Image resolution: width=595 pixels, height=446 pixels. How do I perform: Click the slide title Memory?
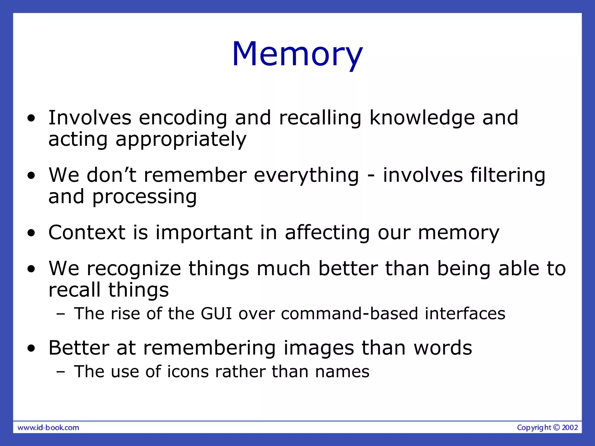[297, 54]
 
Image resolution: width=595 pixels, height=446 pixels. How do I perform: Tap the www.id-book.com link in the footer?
[48, 427]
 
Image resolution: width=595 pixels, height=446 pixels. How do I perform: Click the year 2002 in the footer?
[570, 427]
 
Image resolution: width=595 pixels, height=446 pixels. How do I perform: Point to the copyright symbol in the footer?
[556, 427]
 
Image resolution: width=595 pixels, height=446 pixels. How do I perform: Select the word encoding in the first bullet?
[183, 118]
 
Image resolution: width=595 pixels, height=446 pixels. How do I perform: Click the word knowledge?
[422, 118]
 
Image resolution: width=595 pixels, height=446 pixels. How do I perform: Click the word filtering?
[508, 176]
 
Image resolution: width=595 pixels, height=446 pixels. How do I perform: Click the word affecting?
[327, 233]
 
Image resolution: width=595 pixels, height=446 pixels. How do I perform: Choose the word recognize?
[134, 269]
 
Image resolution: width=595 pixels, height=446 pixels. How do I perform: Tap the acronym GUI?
[216, 314]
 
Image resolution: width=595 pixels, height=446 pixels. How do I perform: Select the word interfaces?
[465, 314]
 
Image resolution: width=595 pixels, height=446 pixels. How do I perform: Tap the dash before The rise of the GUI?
[61, 314]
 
